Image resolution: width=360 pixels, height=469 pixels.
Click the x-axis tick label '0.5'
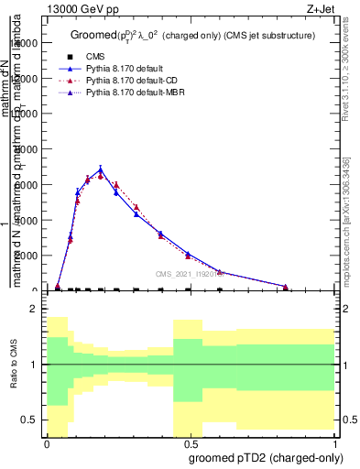[x=191, y=443]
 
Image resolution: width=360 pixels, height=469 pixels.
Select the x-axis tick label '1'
[x=334, y=443]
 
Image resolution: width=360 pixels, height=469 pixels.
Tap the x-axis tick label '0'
[x=47, y=443]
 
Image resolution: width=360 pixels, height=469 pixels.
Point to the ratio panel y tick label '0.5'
[x=29, y=420]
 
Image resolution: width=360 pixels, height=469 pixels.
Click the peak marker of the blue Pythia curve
[x=101, y=169]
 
